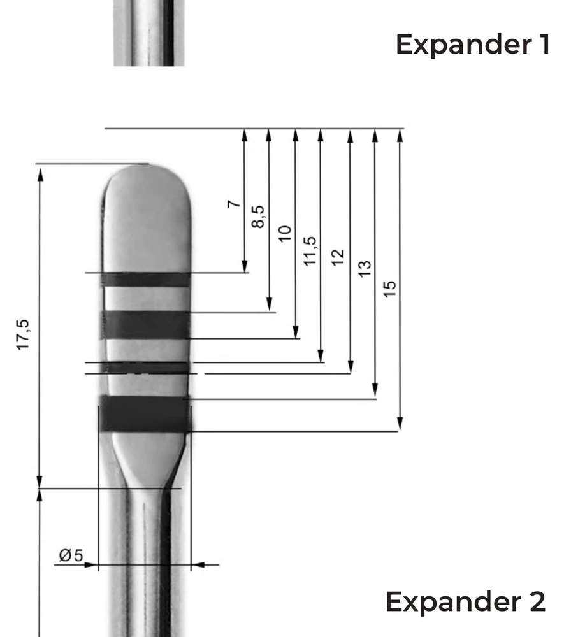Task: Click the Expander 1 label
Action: [472, 45]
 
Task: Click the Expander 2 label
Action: [465, 601]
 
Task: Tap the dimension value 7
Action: [235, 204]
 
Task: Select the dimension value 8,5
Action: [259, 217]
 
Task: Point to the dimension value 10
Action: [285, 233]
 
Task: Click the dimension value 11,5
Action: [310, 250]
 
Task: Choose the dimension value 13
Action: [365, 268]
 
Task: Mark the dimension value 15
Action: [391, 289]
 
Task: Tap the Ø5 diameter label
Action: [71, 555]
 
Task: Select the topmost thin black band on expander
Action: [147, 279]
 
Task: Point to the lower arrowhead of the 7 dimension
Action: [245, 268]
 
